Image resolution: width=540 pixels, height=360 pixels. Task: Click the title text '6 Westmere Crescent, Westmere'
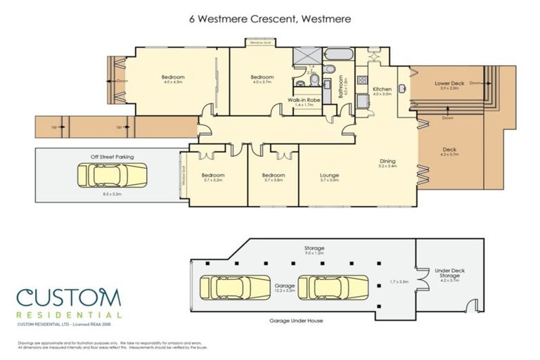point(269,19)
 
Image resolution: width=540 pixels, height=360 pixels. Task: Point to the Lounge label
point(330,176)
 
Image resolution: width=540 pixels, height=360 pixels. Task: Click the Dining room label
point(388,162)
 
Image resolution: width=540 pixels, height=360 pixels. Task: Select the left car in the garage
point(236,287)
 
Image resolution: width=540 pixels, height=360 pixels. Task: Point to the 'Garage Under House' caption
point(295,320)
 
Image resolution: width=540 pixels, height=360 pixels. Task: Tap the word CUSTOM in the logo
point(69,297)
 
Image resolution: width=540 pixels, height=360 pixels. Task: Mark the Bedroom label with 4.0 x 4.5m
point(172,78)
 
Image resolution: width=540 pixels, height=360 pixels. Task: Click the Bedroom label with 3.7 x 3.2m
point(212,176)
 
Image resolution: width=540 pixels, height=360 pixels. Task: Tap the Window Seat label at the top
point(262,44)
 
